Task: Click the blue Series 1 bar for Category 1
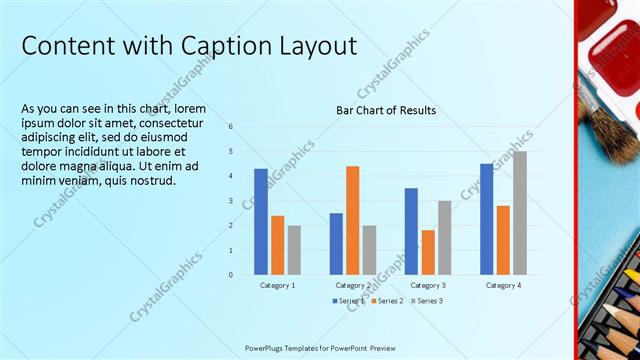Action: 261,221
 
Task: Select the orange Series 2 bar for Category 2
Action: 352,220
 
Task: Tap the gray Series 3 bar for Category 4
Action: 520,213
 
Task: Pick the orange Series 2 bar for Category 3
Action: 428,252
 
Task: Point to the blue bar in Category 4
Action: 486,219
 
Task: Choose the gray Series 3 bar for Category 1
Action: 294,249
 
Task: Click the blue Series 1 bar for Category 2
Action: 336,243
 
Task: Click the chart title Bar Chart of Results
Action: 386,110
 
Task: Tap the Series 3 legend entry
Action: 426,301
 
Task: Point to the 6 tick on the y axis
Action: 231,127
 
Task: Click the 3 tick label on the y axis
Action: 231,201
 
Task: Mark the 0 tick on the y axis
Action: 231,274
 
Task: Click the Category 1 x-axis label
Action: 277,286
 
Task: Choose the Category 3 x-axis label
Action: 428,286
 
